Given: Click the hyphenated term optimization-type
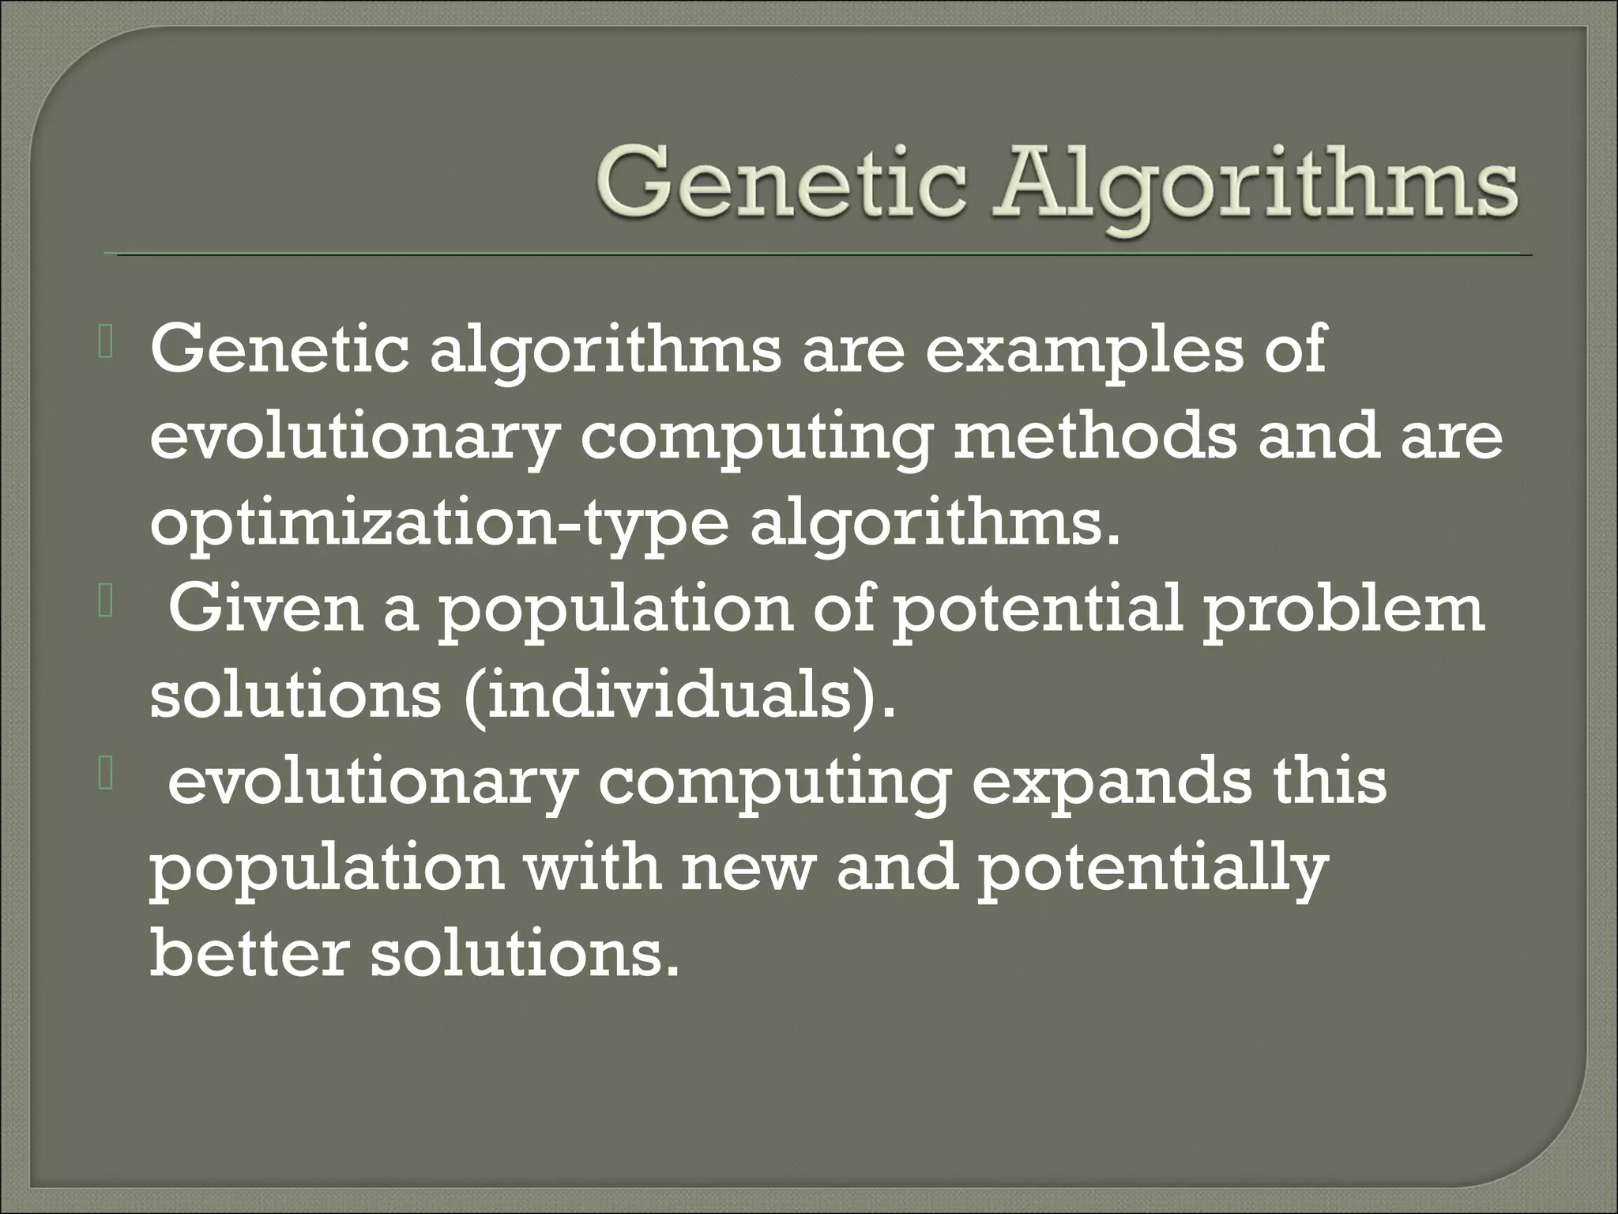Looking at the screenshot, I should tap(438, 526).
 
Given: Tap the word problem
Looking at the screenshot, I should tap(1342, 613).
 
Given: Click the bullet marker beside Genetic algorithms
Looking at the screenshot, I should tap(107, 348).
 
